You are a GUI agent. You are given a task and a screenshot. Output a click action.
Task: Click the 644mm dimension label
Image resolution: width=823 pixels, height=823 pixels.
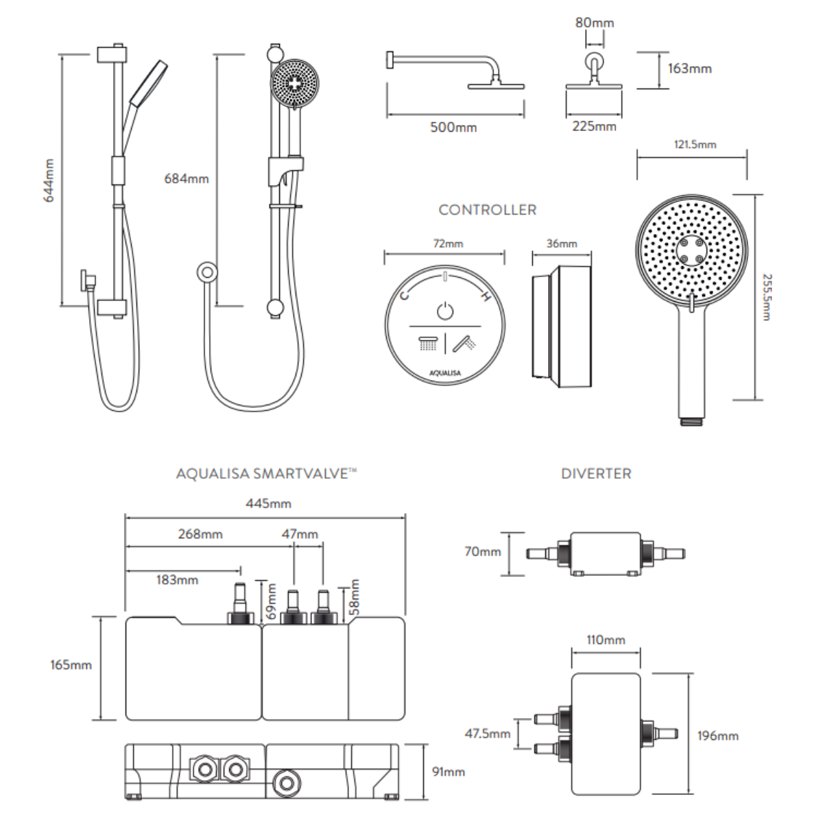pos(49,180)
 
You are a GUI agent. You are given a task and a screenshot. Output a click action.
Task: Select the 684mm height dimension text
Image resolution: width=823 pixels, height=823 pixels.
pos(186,179)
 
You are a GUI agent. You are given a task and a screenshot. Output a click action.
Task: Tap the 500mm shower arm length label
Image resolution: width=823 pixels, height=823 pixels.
pos(453,128)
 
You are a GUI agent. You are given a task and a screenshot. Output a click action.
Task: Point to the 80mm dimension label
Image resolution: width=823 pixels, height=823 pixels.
pos(594,23)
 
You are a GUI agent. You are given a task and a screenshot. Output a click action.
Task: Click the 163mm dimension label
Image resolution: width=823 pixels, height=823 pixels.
pos(689,69)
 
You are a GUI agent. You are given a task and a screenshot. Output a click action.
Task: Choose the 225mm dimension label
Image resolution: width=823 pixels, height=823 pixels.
pos(594,126)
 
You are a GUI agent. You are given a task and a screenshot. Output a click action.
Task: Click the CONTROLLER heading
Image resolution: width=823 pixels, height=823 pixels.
pos(488,210)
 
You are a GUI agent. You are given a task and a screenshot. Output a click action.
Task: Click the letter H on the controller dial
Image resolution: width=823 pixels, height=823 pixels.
pos(486,297)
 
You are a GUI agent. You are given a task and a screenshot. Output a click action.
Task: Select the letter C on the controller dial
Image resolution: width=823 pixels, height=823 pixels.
pos(405,296)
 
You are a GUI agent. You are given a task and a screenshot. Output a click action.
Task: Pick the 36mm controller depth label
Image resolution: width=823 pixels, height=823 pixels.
pos(562,243)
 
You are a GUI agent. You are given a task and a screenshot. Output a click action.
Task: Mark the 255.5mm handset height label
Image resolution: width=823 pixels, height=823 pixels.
pos(767,297)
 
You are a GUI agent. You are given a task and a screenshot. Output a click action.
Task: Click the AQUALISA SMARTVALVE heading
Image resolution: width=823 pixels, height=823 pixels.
pos(267,474)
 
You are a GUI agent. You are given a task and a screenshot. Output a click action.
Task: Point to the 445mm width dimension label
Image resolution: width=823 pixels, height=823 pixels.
pos(268,504)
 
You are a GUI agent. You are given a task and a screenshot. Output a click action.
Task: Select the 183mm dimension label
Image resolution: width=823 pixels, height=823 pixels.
pos(177,580)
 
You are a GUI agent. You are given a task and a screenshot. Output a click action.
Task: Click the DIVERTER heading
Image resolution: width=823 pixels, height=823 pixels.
pos(596,474)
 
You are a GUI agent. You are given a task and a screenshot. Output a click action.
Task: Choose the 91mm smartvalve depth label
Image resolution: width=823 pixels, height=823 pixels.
pos(449,772)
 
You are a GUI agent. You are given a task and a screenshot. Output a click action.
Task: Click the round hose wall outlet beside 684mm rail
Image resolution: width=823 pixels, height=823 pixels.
pos(206,272)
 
